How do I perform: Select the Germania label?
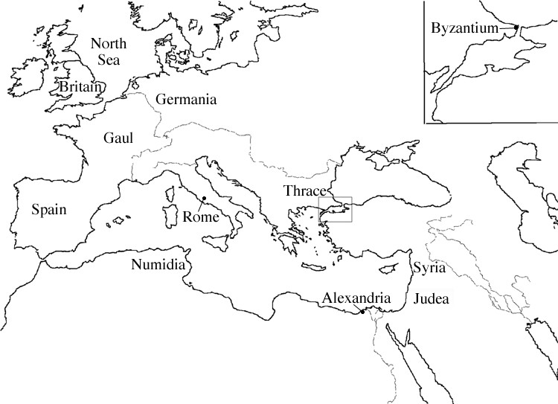(x=185, y=100)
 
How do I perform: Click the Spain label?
(x=49, y=210)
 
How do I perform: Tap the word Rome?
(x=200, y=217)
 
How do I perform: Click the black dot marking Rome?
(x=203, y=198)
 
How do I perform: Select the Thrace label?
(x=305, y=190)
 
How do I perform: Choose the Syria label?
(x=426, y=267)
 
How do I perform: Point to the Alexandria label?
(x=356, y=298)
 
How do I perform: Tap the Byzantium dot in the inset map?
(x=516, y=28)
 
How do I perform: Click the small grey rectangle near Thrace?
(x=335, y=209)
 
